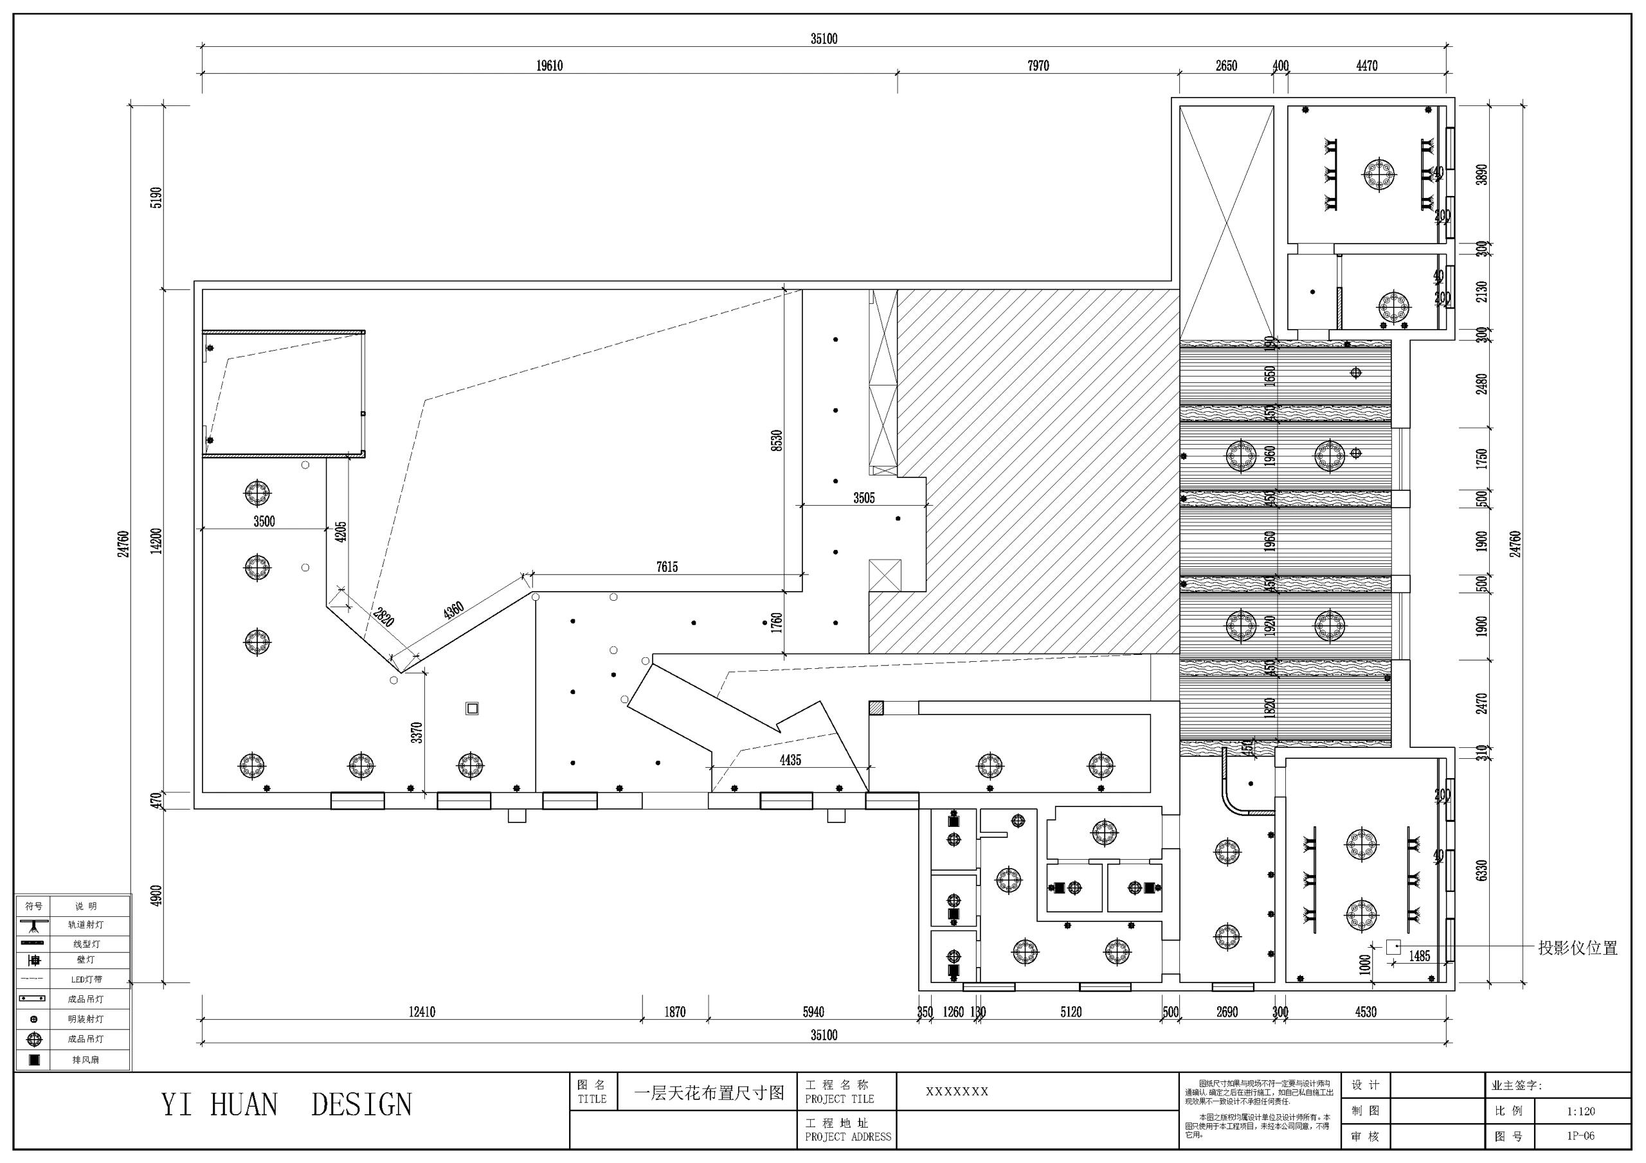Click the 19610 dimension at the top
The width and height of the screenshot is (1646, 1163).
coord(549,66)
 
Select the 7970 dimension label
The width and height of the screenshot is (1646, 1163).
coord(1037,66)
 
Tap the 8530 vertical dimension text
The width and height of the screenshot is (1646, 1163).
coord(777,440)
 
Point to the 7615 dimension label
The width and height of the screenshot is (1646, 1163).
coord(666,567)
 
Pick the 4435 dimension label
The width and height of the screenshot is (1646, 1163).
coord(790,760)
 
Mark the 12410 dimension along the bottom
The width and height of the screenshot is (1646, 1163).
coord(422,1012)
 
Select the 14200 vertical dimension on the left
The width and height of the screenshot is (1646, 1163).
coord(157,540)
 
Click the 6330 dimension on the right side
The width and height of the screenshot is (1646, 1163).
coord(1482,871)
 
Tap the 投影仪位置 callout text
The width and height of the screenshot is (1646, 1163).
coord(1577,948)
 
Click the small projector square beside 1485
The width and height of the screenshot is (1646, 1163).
coord(1393,946)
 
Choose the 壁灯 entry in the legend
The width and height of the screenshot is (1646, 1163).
coord(85,959)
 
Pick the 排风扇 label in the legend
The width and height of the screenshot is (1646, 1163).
coord(86,1059)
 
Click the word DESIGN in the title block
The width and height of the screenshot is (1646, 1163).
coord(361,1105)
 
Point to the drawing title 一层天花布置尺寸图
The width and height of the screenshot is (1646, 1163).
coord(709,1093)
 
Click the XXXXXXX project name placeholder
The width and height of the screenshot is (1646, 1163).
coord(956,1091)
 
